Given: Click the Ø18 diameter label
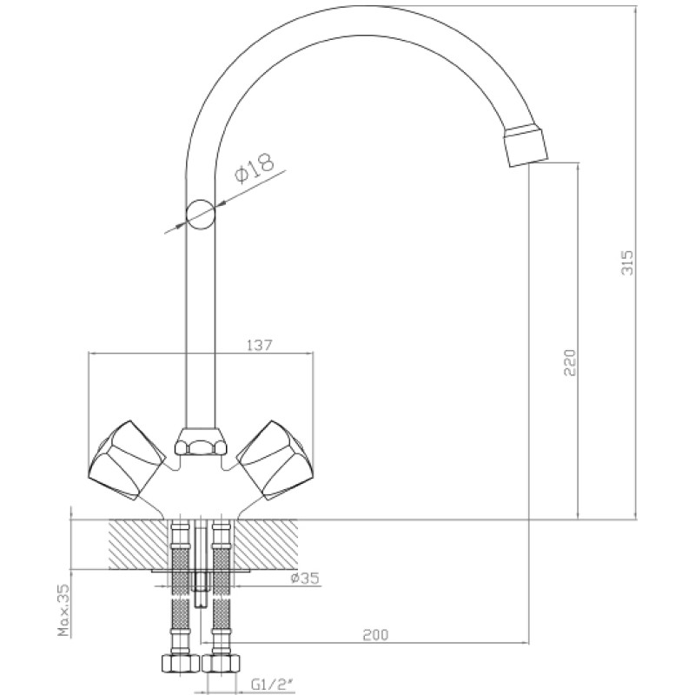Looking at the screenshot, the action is [x=255, y=169].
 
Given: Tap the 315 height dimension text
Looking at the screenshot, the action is [x=627, y=263].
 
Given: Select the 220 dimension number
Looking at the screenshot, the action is [x=570, y=362].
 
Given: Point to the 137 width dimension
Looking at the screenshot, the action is [x=259, y=345].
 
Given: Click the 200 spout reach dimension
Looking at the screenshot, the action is [x=375, y=635].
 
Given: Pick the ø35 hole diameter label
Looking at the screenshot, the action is [x=305, y=578].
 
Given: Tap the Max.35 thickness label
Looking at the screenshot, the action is [x=64, y=611].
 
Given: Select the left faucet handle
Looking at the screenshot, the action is [x=127, y=460].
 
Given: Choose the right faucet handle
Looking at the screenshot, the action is [x=275, y=460].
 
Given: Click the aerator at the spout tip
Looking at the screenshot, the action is [x=526, y=146].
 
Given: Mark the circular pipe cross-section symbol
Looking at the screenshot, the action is [x=201, y=215].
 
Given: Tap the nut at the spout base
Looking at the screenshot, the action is [x=200, y=442].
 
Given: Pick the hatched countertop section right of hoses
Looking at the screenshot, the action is [x=265, y=545].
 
